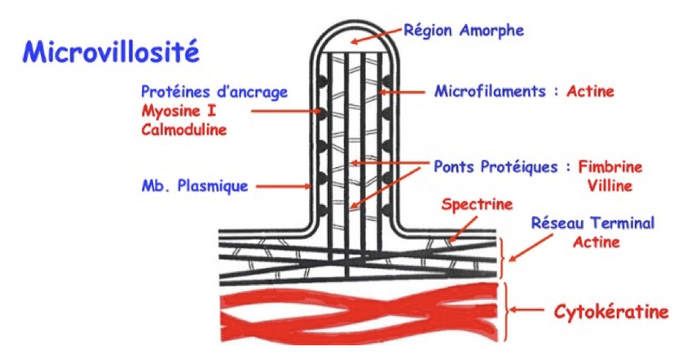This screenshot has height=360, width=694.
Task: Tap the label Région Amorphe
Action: (x=464, y=31)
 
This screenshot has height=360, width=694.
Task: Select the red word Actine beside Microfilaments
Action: (x=590, y=91)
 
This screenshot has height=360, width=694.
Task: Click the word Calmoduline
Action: (x=184, y=130)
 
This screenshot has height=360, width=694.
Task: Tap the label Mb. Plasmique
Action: (x=194, y=185)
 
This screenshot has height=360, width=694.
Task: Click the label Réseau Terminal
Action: (x=593, y=223)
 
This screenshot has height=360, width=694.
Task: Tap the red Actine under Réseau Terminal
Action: (x=597, y=241)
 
